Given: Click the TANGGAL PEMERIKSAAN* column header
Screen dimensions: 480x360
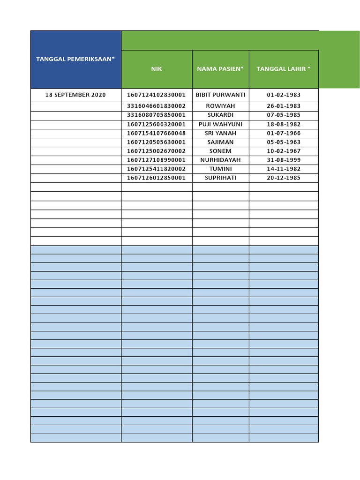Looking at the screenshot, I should [x=75, y=59].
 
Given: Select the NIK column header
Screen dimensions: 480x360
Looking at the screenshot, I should [x=157, y=69].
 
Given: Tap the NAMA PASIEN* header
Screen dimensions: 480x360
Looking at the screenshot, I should [x=220, y=69].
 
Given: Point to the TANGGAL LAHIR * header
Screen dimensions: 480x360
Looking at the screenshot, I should [x=284, y=69].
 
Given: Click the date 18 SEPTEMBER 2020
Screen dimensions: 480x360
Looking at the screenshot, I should [x=75, y=95].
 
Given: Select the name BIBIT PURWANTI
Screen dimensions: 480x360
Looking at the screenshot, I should [x=220, y=95].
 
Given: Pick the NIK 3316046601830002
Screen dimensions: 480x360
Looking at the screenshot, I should [x=157, y=106].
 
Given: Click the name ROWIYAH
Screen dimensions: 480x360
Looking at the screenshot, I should [x=220, y=106].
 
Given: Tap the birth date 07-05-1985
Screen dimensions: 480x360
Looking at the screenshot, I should [x=284, y=115].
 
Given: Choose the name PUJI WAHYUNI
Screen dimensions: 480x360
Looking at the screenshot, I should [x=220, y=124].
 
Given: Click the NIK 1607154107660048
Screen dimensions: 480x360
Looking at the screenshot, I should [x=157, y=133].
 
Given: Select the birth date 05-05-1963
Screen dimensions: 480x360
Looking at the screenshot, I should [x=284, y=142].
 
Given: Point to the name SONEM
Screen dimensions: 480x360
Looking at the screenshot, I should [x=220, y=151].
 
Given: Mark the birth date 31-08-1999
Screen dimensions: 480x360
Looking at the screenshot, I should [x=284, y=160].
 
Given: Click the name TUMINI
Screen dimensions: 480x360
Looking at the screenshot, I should [x=220, y=169].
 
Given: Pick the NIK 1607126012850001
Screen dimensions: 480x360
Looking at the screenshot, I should [x=157, y=178].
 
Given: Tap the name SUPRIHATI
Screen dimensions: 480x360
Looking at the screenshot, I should [x=220, y=178].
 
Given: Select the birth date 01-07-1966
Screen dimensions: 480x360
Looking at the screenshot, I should [x=284, y=133].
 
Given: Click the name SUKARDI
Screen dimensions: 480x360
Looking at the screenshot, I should [x=220, y=115].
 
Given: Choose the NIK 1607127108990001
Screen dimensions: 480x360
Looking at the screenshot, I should [x=157, y=160].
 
